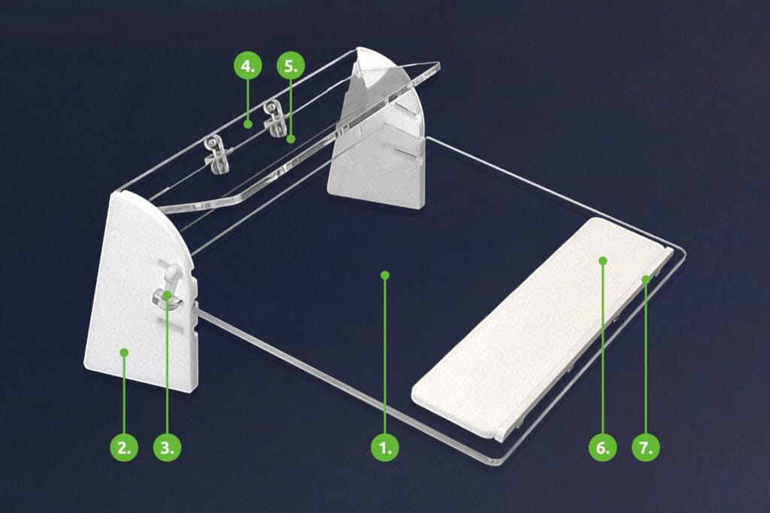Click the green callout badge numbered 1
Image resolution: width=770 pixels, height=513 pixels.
pos(384,448)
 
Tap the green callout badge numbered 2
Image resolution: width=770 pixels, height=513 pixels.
pos(124,448)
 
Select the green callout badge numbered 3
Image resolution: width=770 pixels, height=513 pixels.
pos(167,448)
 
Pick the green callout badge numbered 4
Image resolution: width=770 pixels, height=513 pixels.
pos(248,65)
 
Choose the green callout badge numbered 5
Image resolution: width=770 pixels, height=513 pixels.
pos(291,65)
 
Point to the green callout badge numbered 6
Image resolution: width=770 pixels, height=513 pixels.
pos(602,448)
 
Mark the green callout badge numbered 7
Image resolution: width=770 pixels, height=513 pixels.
pos(646,448)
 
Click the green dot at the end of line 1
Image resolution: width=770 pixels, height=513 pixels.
pos(385,275)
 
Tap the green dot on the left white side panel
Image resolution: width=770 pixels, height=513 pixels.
pos(124,352)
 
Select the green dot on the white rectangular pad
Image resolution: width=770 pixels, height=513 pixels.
pos(603,261)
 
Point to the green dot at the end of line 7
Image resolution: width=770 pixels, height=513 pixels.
pos(646,279)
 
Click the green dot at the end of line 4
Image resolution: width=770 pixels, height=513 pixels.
pos(248,124)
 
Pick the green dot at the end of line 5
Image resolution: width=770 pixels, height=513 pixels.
pos(291,139)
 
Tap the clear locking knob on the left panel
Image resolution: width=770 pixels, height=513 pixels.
pos(168,288)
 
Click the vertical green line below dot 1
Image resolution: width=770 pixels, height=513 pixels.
pos(385,356)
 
